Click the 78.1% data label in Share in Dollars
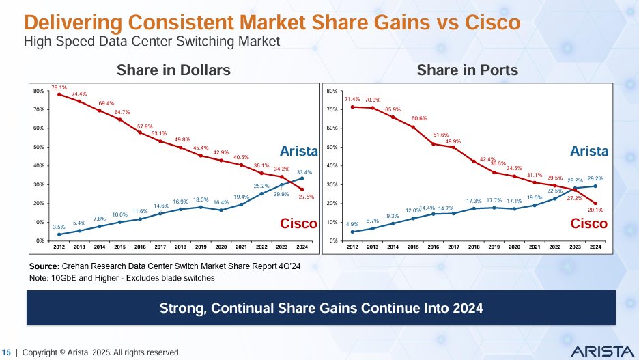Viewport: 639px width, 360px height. pyautogui.click(x=59, y=87)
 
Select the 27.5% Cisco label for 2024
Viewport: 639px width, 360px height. pyautogui.click(x=305, y=197)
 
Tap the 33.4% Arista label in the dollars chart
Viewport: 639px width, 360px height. pyautogui.click(x=304, y=172)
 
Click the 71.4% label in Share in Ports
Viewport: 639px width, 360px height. pyautogui.click(x=352, y=100)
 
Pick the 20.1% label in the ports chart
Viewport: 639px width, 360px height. pyautogui.click(x=595, y=210)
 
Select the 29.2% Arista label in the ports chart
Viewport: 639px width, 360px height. pyautogui.click(x=595, y=178)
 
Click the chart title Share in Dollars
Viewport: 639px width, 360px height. pyautogui.click(x=164, y=70)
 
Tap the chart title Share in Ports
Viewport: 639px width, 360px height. pyautogui.click(x=467, y=70)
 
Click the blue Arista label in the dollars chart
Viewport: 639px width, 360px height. pyautogui.click(x=299, y=150)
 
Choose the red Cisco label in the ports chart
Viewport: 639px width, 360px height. pyautogui.click(x=588, y=223)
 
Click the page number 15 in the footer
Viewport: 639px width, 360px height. pyautogui.click(x=8, y=352)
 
